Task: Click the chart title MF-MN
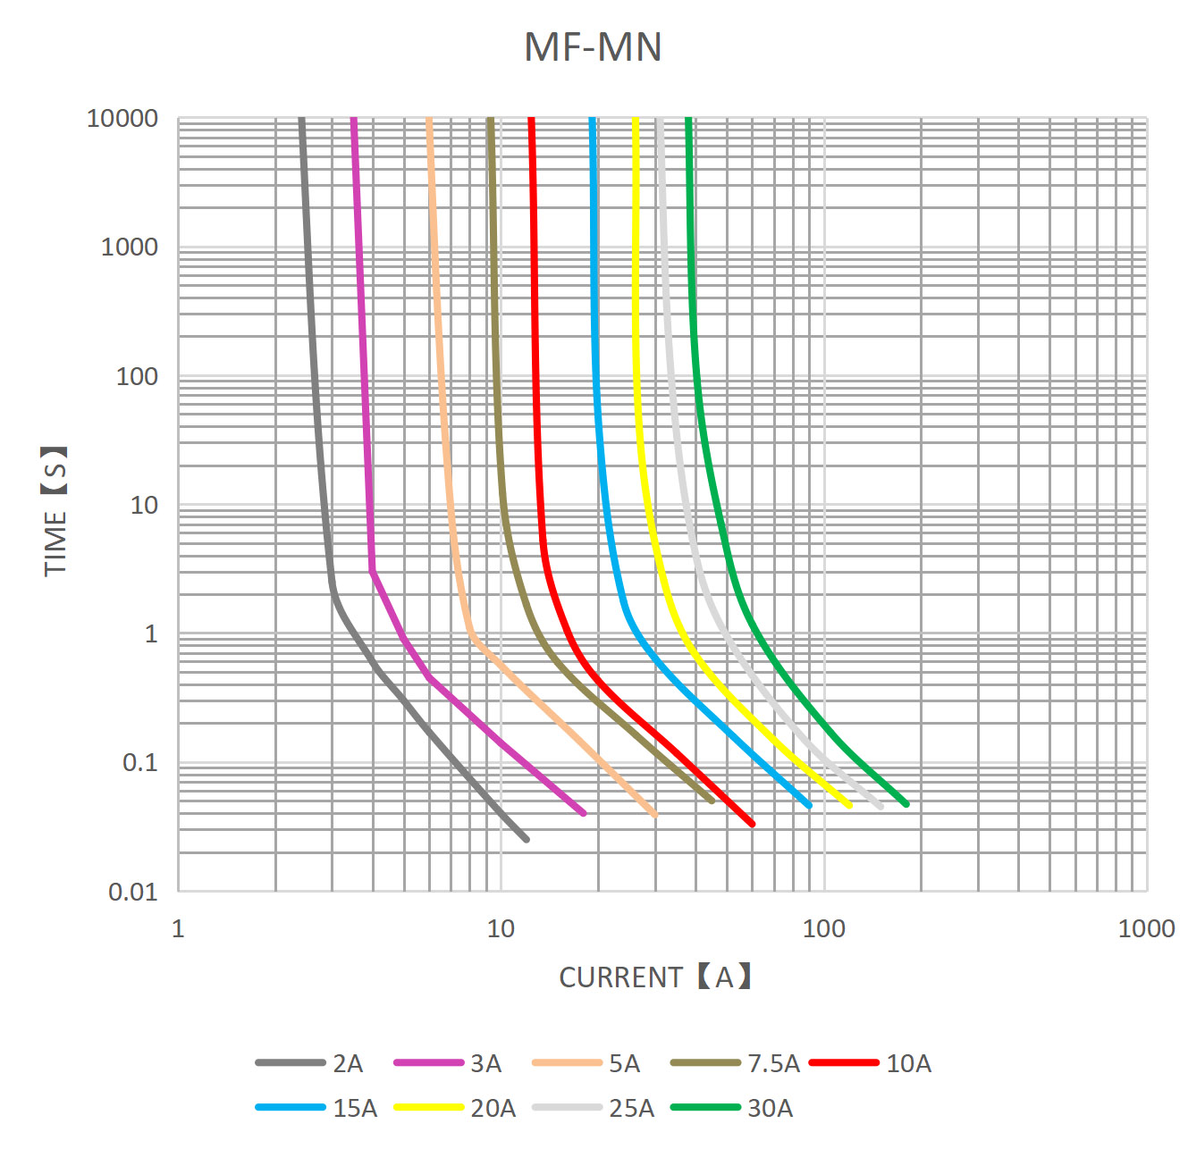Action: pos(593,47)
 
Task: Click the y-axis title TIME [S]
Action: pos(55,511)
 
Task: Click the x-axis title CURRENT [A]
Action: pos(655,977)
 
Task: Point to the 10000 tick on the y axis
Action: pos(122,118)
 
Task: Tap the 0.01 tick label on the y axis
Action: pos(132,892)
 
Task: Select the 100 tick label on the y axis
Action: pos(137,376)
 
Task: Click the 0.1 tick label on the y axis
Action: pos(139,762)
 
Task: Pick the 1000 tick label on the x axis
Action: pos(1146,928)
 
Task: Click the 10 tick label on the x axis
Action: pos(501,928)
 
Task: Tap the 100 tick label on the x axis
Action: pos(823,928)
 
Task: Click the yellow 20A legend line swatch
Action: pos(428,1108)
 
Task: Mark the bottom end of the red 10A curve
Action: pos(752,824)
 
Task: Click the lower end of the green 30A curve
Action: pos(906,804)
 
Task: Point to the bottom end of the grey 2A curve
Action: pos(526,839)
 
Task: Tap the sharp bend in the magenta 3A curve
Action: pos(372,572)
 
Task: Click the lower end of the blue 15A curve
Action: pos(809,806)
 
